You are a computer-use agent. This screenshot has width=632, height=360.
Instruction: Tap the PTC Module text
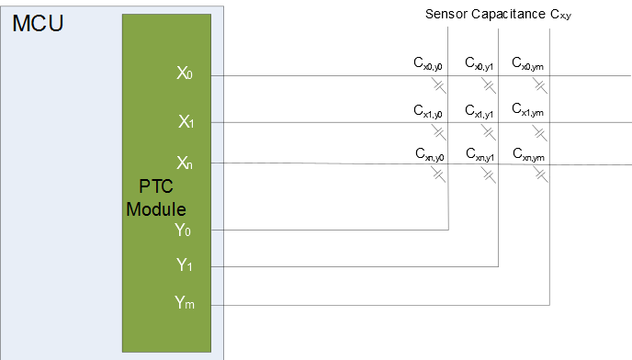(x=156, y=198)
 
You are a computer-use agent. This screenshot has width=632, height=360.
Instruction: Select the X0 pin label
(x=185, y=73)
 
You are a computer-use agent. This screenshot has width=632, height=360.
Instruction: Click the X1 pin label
(x=185, y=120)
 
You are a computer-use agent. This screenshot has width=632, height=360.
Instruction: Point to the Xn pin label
(x=185, y=163)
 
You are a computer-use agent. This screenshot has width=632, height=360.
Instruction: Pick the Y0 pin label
(x=185, y=230)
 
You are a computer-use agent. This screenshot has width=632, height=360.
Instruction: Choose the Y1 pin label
(x=185, y=265)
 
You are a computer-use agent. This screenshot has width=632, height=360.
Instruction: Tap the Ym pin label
(x=185, y=302)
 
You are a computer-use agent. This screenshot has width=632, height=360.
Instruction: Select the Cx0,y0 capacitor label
(x=429, y=64)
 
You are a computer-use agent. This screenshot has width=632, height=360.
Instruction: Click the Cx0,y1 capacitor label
(x=480, y=64)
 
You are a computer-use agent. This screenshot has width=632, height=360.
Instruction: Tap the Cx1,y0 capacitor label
(x=429, y=110)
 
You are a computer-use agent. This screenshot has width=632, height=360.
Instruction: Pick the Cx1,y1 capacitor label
(x=480, y=110)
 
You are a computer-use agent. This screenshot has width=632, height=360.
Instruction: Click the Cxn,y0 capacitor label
(x=429, y=152)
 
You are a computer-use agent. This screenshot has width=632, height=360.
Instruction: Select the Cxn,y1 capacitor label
(x=480, y=152)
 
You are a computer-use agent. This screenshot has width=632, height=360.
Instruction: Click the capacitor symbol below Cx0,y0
(x=439, y=85)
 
